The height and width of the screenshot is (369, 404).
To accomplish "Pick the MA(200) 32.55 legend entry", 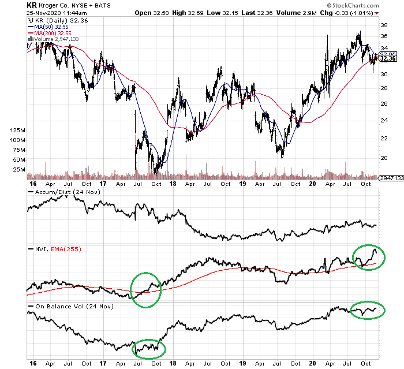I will [x=53, y=32].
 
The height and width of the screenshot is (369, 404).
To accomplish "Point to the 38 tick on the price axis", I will [x=383, y=25].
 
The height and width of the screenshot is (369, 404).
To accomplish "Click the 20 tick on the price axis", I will [x=383, y=157].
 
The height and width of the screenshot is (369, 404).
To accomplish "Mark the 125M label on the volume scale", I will [x=17, y=131].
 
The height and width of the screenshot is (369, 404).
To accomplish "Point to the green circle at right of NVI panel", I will [x=368, y=258].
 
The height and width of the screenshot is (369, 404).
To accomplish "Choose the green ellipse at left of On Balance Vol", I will [x=149, y=349].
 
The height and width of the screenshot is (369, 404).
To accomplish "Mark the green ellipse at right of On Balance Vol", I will [x=367, y=310].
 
